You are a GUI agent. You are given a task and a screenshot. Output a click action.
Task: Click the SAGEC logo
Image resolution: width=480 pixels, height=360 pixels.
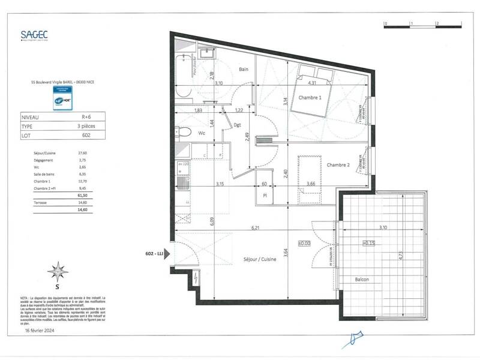click(x=34, y=35)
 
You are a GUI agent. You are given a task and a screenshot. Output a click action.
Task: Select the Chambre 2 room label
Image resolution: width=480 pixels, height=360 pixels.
click(x=338, y=165)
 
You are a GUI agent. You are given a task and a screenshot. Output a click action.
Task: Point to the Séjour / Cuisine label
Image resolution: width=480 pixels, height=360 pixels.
click(x=260, y=268)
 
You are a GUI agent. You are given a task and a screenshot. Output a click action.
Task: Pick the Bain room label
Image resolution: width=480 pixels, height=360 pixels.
click(x=243, y=70)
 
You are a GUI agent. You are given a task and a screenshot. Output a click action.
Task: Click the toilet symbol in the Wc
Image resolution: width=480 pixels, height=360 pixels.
click(x=184, y=133)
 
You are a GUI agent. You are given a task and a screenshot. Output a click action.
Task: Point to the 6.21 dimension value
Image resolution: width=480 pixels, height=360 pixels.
click(x=256, y=228)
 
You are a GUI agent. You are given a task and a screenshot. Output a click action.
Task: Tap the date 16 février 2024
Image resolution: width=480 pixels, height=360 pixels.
click(x=40, y=330)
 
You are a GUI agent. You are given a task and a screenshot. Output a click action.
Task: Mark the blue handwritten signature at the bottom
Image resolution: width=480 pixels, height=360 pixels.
click(x=351, y=340)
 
